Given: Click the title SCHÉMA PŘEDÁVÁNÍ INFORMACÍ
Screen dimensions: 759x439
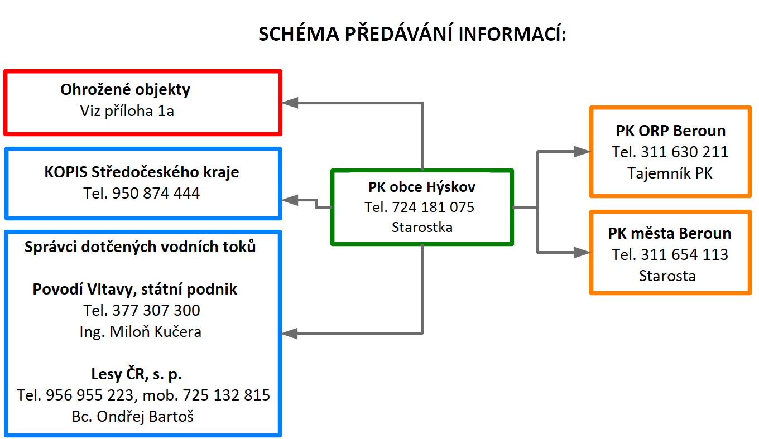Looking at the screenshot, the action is pos(412,34).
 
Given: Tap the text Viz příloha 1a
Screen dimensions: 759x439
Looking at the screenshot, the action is pos(127,111).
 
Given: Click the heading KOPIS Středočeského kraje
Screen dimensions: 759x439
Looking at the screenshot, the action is pos(142,172).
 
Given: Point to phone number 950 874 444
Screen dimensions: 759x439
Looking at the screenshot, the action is pos(156,194).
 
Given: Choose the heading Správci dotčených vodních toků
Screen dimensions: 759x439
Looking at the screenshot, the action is pos(140,247).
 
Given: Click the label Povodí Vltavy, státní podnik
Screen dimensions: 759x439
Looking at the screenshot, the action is pos(135,290).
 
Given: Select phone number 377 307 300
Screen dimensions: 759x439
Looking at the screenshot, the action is pos(156,311).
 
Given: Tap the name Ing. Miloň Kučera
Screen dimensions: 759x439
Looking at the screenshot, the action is pos(140,332).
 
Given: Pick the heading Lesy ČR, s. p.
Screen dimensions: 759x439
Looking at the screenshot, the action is pos(137,374).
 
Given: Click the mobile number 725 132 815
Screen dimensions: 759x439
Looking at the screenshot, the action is pos(227,395).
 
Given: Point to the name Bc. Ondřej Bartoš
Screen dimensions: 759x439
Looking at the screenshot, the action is pos(132,417).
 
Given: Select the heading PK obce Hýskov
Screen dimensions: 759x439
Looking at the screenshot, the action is pos(422,187).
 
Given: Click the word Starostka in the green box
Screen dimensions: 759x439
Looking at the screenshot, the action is pos(422,227).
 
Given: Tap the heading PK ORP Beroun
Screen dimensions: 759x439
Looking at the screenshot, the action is pos(671,131).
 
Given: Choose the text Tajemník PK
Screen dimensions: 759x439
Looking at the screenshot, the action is pos(670,173).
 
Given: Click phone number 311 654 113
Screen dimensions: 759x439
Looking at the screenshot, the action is pos(684,255).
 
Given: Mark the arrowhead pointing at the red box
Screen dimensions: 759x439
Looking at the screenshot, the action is pos(290,103).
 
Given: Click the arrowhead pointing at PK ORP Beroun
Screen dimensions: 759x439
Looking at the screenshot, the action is pos(582,151).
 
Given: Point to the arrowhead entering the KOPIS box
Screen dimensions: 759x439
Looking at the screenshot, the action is pos(290,200).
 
